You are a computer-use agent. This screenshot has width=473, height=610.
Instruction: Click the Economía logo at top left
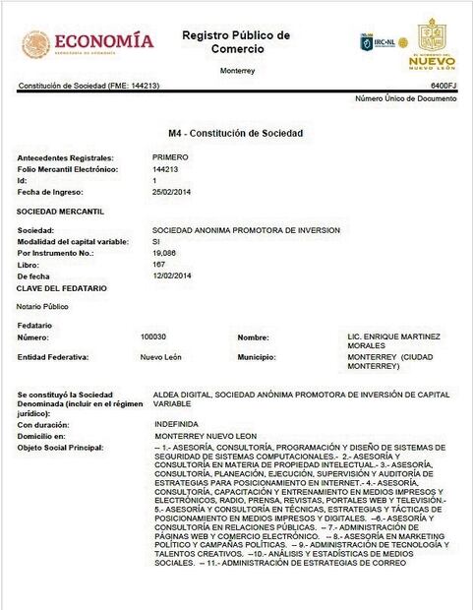pos(88,43)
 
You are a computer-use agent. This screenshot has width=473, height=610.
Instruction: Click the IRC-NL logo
pos(378,42)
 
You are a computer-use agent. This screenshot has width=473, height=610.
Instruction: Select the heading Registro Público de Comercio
pos(236,42)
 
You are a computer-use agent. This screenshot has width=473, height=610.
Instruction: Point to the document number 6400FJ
pos(443,87)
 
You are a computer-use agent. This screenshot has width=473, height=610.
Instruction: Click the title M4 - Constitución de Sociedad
pos(236,133)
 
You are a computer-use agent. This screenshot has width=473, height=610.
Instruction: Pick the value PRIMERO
pos(170,157)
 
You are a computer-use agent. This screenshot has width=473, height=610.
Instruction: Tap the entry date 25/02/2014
pos(172,192)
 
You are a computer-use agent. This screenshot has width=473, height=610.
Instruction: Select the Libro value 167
pos(158,265)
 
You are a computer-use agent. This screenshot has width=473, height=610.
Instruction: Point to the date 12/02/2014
pos(172,276)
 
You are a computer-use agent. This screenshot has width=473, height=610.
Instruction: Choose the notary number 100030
pos(154,337)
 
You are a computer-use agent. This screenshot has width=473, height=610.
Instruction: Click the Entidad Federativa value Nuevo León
pos(161,357)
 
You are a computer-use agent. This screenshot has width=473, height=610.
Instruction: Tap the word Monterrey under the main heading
pos(237,71)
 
